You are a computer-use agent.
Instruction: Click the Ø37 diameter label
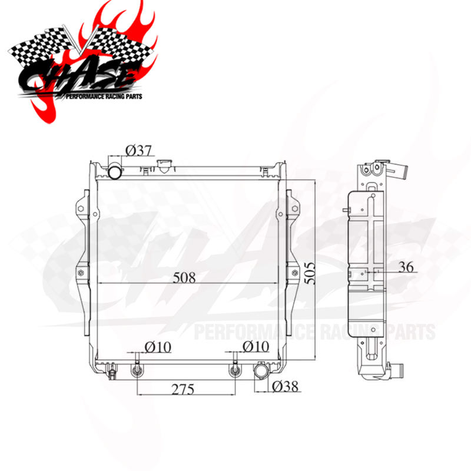[x=140, y=151]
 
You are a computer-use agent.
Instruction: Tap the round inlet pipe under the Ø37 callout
[x=115, y=171]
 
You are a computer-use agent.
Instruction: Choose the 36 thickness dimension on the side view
[x=405, y=267]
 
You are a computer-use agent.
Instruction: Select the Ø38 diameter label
[x=286, y=386]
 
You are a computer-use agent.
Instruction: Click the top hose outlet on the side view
[x=402, y=171]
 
